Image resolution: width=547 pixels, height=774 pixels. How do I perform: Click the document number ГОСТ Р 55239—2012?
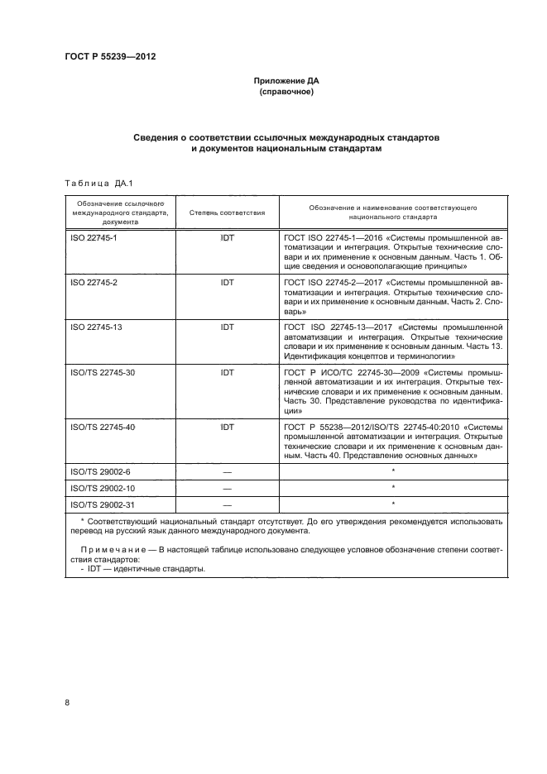pyautogui.click(x=110, y=56)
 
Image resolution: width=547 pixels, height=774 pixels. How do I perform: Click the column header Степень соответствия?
pyautogui.click(x=227, y=213)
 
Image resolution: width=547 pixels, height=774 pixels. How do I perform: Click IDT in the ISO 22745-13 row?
pyautogui.click(x=227, y=327)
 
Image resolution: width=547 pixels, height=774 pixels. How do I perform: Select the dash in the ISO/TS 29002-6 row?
pyautogui.click(x=227, y=472)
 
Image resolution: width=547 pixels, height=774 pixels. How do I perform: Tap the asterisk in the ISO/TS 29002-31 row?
pyautogui.click(x=393, y=504)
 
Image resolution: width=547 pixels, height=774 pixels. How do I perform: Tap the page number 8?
pyautogui.click(x=67, y=703)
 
